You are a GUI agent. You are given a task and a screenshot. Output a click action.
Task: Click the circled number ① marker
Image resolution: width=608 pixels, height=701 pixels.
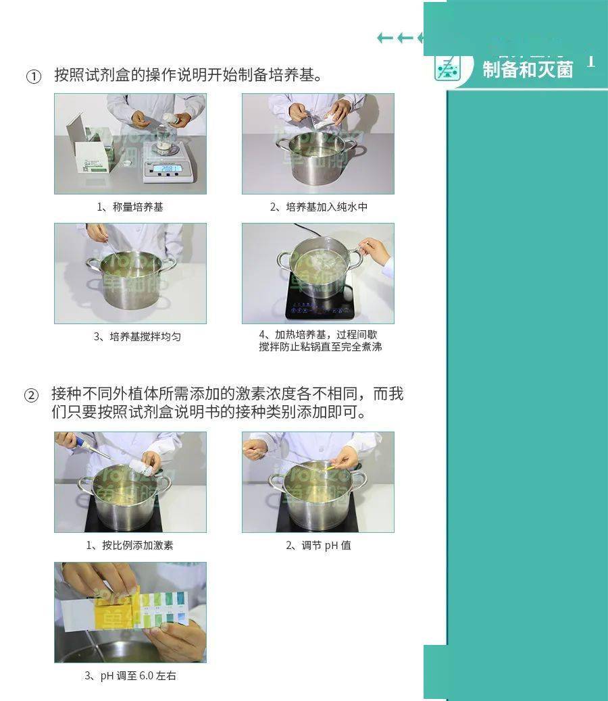pyautogui.click(x=34, y=76)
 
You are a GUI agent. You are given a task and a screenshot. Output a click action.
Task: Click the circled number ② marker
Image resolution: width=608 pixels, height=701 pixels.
pyautogui.click(x=32, y=396)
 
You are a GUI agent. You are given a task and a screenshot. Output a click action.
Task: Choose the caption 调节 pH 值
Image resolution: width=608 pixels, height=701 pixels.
pyautogui.click(x=318, y=545)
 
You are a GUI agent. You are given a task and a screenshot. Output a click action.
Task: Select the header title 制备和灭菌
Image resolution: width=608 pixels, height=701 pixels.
pyautogui.click(x=528, y=69)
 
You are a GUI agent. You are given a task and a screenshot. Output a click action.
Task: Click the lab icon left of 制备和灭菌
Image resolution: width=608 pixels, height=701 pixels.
pyautogui.click(x=447, y=68)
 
